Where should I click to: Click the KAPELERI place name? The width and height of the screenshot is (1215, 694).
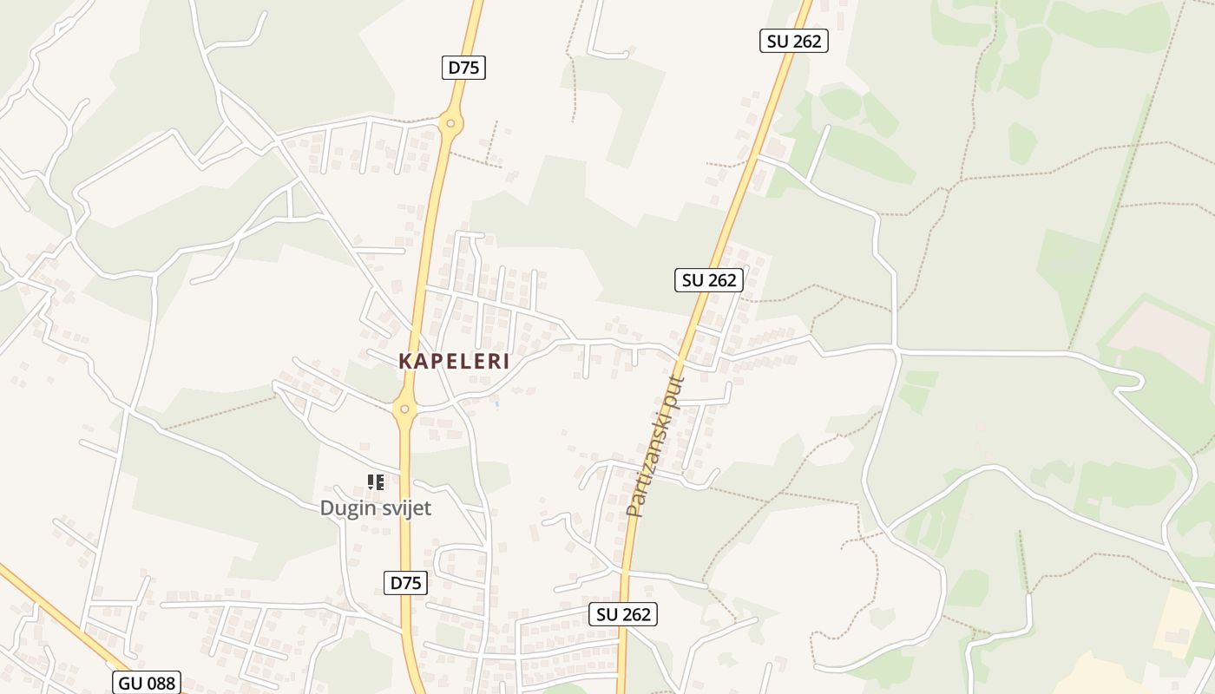tap(454, 362)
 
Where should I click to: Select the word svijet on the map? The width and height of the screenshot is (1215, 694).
tap(404, 508)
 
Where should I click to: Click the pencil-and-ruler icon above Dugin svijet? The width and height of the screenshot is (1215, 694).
tap(376, 481)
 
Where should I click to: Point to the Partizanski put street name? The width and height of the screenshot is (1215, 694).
tap(655, 446)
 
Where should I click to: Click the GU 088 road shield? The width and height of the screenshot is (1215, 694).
tap(148, 683)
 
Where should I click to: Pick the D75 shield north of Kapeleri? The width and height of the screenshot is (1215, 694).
tap(463, 68)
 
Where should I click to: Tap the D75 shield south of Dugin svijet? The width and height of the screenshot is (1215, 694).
tap(405, 583)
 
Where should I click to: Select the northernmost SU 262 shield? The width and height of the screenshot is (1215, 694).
tap(793, 41)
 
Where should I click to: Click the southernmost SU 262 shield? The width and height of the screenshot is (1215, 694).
tap(623, 614)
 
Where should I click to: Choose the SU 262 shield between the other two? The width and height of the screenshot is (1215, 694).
tap(709, 280)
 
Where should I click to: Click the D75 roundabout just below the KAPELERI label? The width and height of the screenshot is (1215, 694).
tap(404, 408)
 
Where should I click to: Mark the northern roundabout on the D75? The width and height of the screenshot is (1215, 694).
tap(450, 123)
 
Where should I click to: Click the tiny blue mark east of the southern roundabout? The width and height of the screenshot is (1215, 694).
tap(496, 403)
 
